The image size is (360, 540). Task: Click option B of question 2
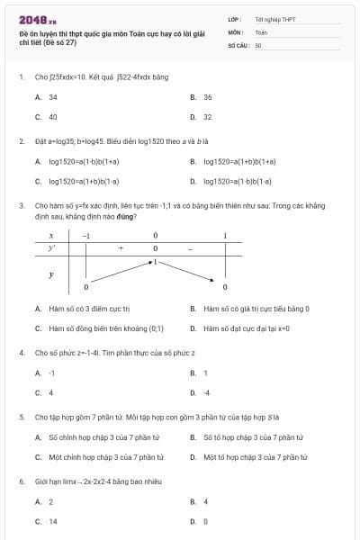pos(238,162)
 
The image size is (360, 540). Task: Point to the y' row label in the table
pos(52,247)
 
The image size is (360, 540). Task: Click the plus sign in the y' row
pos(120,247)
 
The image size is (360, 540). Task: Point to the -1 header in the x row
pos(85,235)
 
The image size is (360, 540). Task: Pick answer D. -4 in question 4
pos(206,392)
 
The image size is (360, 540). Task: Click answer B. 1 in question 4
pos(205,373)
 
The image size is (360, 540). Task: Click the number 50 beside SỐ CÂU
pos(258,44)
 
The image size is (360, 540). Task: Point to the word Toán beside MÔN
pos(261,31)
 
